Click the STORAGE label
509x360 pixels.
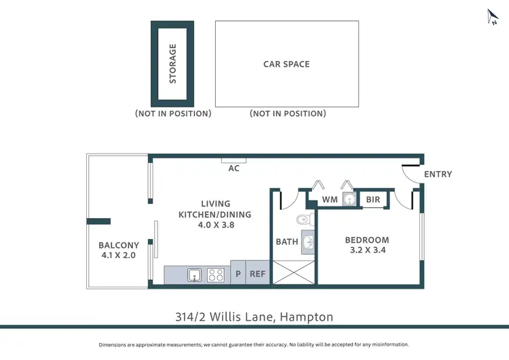click(x=172, y=64)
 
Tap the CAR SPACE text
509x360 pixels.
click(x=286, y=65)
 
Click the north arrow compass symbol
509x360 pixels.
click(x=493, y=17)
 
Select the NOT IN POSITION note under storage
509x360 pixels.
click(x=173, y=113)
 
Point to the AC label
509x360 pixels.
click(x=233, y=168)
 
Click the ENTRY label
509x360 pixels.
click(x=438, y=175)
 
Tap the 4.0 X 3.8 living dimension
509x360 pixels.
click(x=216, y=225)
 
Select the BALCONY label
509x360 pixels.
click(x=119, y=245)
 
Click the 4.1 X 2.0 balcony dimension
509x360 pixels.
click(x=119, y=256)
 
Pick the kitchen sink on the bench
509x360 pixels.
click(x=194, y=275)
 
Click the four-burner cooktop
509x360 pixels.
click(x=216, y=275)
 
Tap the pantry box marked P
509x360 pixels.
click(x=238, y=274)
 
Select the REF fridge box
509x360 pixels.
click(x=258, y=274)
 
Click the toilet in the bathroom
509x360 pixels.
click(x=306, y=219)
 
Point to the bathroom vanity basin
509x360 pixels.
click(x=307, y=242)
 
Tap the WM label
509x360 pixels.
click(x=330, y=200)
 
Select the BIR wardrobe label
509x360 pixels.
click(x=373, y=200)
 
